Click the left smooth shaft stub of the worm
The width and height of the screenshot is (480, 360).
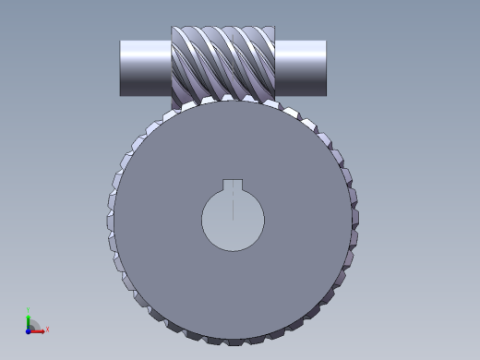(146, 67)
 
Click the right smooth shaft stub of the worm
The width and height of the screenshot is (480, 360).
(302, 67)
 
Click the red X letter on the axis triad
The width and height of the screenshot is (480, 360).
(47, 329)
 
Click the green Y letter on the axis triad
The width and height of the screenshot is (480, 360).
(29, 310)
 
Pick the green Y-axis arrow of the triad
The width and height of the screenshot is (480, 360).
(29, 321)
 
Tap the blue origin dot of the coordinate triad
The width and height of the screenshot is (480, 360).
(29, 330)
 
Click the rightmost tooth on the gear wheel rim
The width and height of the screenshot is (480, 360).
(354, 222)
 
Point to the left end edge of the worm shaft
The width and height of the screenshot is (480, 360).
(121, 67)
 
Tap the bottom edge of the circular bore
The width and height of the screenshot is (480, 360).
(233, 251)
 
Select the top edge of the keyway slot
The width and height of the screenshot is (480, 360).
(233, 179)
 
